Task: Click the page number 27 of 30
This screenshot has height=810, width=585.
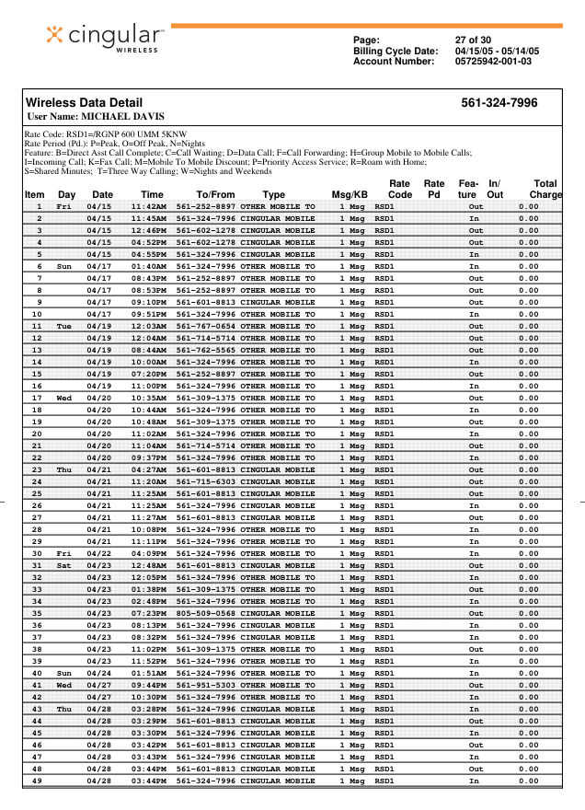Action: point(476,40)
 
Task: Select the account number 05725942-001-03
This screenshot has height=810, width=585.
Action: point(493,62)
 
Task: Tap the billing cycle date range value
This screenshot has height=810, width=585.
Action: point(497,51)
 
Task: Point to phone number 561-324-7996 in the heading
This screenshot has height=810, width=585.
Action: point(499,103)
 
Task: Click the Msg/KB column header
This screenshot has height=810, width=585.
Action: point(350,195)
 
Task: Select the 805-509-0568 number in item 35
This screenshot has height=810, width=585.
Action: point(205,613)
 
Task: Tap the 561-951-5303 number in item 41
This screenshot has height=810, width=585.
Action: point(205,685)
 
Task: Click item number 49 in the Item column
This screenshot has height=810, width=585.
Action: point(37,781)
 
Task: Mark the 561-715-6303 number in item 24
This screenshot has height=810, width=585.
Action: point(205,481)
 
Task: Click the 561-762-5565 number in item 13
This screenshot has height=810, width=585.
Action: point(205,350)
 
